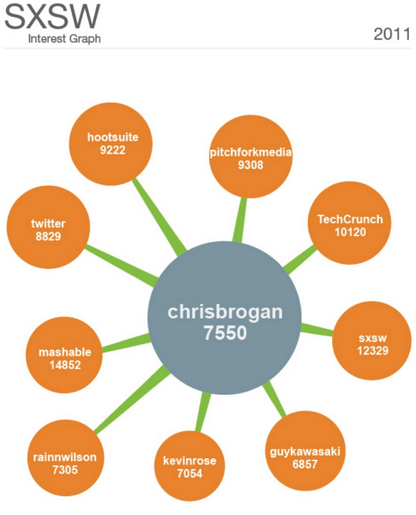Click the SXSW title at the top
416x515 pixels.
click(x=53, y=16)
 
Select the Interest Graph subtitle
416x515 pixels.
click(x=65, y=39)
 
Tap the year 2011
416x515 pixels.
click(x=392, y=34)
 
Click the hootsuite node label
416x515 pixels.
click(x=113, y=137)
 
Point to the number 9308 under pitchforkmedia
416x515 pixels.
click(x=250, y=165)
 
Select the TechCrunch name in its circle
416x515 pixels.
click(x=351, y=219)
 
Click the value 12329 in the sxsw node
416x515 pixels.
click(x=373, y=350)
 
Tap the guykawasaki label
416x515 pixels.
click(x=305, y=452)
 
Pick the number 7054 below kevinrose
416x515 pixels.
click(x=190, y=473)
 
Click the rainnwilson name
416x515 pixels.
click(x=65, y=457)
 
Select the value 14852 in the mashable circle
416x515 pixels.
click(x=65, y=365)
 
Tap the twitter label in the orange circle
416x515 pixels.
click(x=48, y=223)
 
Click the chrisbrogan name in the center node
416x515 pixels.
click(x=225, y=312)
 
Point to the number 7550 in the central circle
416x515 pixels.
click(x=225, y=332)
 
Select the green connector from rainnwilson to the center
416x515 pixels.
click(x=132, y=399)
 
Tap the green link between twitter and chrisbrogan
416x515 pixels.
click(x=122, y=265)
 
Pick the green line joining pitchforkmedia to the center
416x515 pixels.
click(x=240, y=220)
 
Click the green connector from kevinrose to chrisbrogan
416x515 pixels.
click(x=203, y=411)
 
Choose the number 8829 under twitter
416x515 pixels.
click(x=48, y=237)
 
